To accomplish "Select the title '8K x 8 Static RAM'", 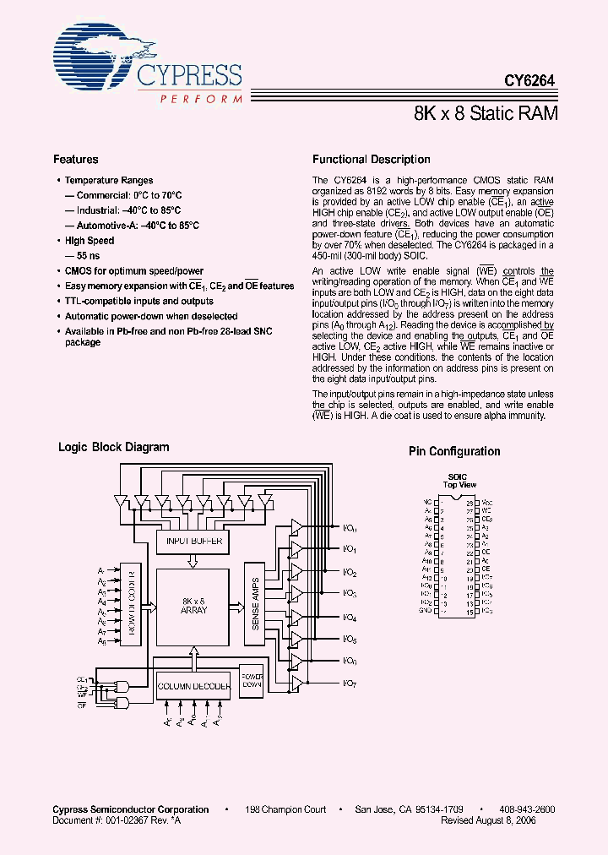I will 486,113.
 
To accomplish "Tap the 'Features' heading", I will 76,159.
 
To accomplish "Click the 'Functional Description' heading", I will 371,159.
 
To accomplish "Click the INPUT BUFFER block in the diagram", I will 193,541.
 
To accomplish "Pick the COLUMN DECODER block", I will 193,686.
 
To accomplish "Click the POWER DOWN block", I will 252,682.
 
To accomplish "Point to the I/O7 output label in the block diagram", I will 350,682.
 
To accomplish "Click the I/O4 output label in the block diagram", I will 350,617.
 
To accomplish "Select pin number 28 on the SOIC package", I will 470,501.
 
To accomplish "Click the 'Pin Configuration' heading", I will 454,451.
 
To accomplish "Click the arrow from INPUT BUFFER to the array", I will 193,560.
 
